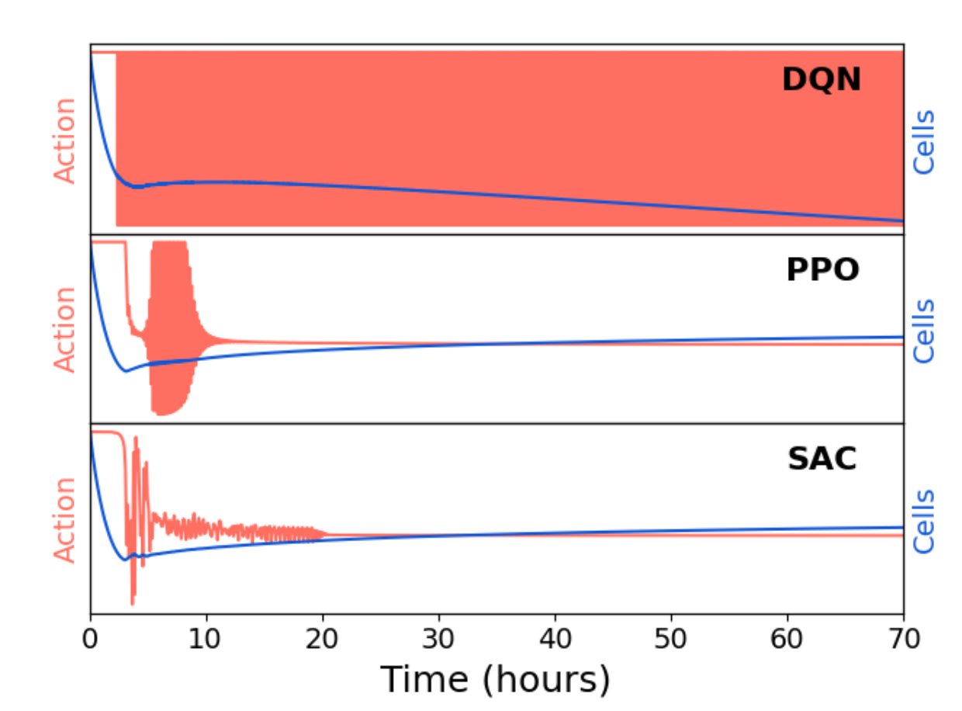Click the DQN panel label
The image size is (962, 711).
pos(821,80)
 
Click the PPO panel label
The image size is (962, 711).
pos(822,270)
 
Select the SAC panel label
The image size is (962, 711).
pos(822,460)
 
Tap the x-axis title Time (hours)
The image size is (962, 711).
pos(496,680)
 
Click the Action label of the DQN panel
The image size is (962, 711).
pos(65,140)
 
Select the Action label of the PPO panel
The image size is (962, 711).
pos(65,330)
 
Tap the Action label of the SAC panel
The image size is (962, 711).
pos(65,519)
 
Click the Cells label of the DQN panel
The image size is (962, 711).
pos(924,142)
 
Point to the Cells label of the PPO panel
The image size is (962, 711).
pos(924,331)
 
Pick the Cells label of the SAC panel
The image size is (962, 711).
pos(924,521)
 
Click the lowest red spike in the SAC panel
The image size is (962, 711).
pos(133,603)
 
